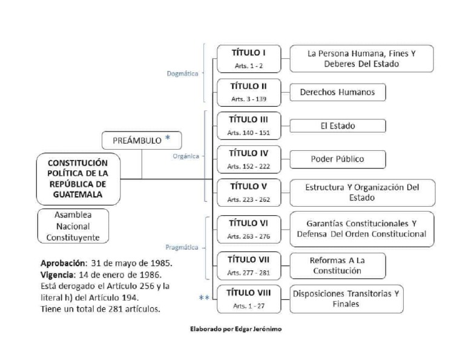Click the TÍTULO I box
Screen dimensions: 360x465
(249, 58)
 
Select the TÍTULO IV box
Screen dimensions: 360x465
(249, 159)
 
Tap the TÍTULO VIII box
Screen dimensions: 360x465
(249, 299)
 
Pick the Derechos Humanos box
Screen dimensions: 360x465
(337, 92)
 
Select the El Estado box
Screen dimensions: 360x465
(337, 126)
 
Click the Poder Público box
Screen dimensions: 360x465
(337, 159)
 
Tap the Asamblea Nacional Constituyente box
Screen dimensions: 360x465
(73, 226)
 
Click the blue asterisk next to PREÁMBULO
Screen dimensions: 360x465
(168, 139)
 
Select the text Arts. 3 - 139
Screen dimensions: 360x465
(249, 99)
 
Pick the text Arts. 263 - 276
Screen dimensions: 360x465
(249, 236)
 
